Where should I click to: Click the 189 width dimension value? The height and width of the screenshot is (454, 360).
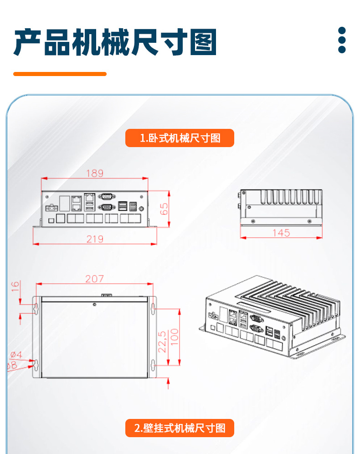coord(95,173)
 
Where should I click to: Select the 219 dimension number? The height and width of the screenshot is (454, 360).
coord(95,239)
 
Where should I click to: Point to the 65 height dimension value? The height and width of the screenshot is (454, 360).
coord(164,209)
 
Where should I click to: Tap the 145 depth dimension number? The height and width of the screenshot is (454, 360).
coord(281,233)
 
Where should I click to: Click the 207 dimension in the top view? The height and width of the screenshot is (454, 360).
coord(94,279)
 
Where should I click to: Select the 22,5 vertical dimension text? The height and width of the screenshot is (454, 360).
coord(162,341)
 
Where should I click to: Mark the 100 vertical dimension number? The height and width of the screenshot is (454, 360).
coord(174,337)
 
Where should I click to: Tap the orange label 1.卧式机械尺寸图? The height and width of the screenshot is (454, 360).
coord(180,138)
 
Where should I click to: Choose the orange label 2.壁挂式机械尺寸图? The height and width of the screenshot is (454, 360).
coord(180,428)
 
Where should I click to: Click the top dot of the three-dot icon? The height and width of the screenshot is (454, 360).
coord(342,31)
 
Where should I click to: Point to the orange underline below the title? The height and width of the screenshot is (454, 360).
coord(60,74)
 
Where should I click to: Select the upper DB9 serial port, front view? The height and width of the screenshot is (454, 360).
coord(106,197)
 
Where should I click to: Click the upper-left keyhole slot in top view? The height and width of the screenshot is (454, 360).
coord(36,308)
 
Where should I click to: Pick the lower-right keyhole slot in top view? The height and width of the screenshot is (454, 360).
coord(154,365)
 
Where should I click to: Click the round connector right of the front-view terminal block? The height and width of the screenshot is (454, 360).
coord(142,209)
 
